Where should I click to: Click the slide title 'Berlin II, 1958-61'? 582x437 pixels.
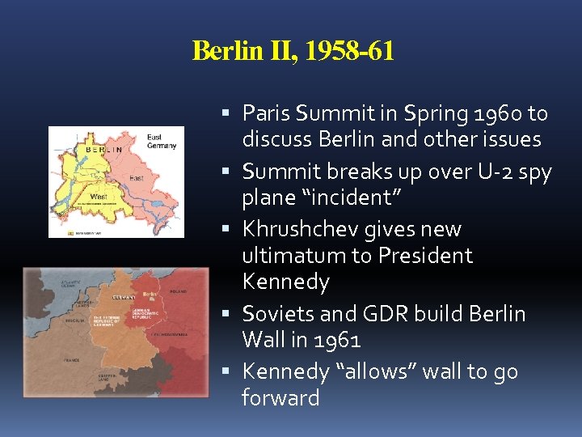[x=293, y=51]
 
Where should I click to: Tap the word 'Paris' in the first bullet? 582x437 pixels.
[x=266, y=112]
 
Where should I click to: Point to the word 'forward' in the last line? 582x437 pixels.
[x=280, y=398]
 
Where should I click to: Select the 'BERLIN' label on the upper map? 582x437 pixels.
[x=104, y=150]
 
